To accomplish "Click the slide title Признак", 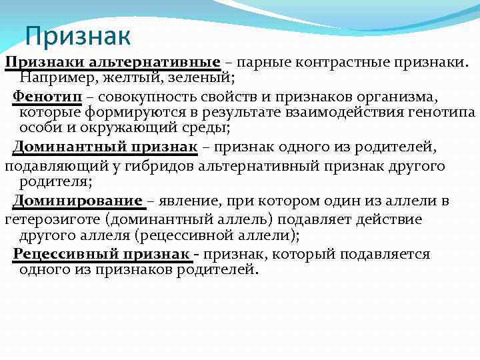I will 78,36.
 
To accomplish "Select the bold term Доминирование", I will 77,201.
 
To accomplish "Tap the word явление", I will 190,201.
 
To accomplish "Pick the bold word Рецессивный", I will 61,254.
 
